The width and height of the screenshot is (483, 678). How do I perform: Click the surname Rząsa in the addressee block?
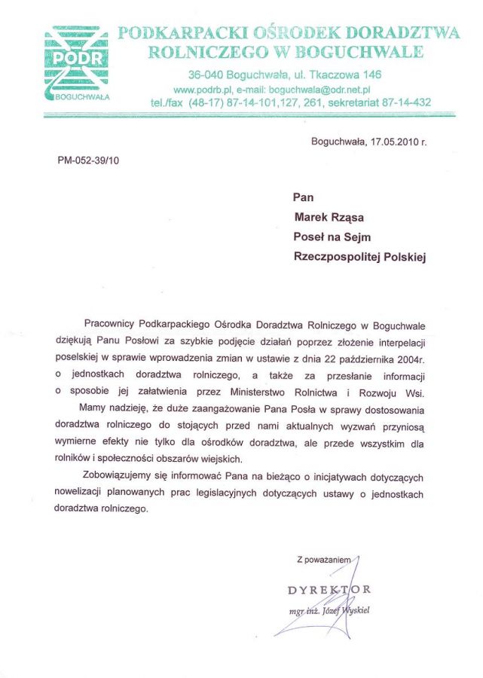coord(347,217)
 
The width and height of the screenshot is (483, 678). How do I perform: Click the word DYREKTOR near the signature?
coord(329,588)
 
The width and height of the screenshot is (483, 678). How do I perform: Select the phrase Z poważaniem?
coord(325,560)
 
